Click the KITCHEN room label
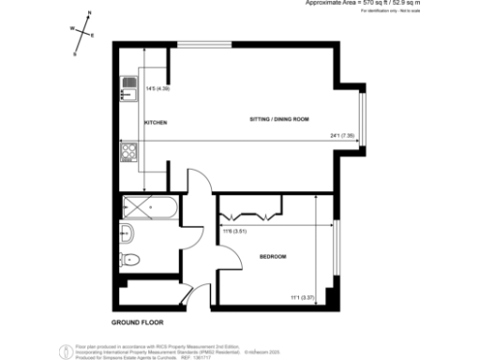pos(155,123)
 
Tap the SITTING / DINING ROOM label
pos(278,120)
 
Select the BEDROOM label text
pos(273,256)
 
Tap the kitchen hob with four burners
pos(128,150)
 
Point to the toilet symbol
pos(130,260)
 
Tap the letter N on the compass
pos(89,14)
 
